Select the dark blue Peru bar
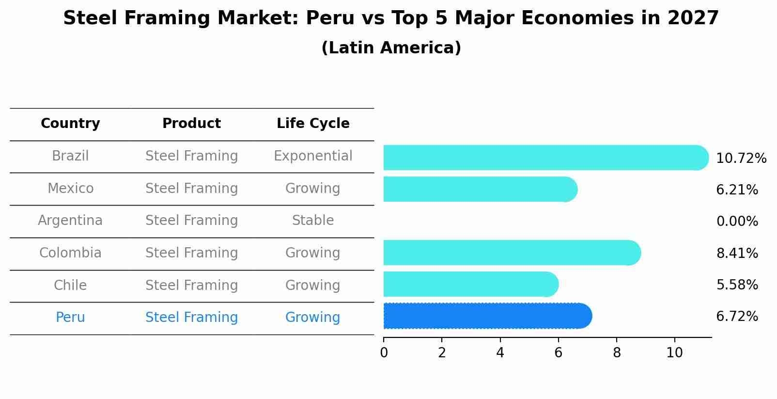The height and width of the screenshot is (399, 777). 487,316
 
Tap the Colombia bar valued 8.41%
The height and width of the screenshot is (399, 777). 511,253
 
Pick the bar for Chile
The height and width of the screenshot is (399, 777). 470,284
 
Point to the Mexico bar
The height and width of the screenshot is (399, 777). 480,189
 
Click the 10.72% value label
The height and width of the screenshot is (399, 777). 741,159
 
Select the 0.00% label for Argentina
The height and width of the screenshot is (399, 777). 737,222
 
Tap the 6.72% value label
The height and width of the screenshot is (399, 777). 737,317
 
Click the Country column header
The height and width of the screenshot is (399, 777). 70,124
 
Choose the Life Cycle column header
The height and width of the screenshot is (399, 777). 313,124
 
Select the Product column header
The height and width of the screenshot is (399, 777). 191,124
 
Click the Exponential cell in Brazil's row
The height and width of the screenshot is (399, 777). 313,156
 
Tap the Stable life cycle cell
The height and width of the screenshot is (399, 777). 313,221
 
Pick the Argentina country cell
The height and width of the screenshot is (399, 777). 70,221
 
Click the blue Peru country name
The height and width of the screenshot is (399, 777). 70,318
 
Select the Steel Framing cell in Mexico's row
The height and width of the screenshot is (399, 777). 191,189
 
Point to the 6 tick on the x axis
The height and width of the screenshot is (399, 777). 558,353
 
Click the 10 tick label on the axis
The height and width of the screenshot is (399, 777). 674,353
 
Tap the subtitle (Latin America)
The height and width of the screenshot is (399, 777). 391,48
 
